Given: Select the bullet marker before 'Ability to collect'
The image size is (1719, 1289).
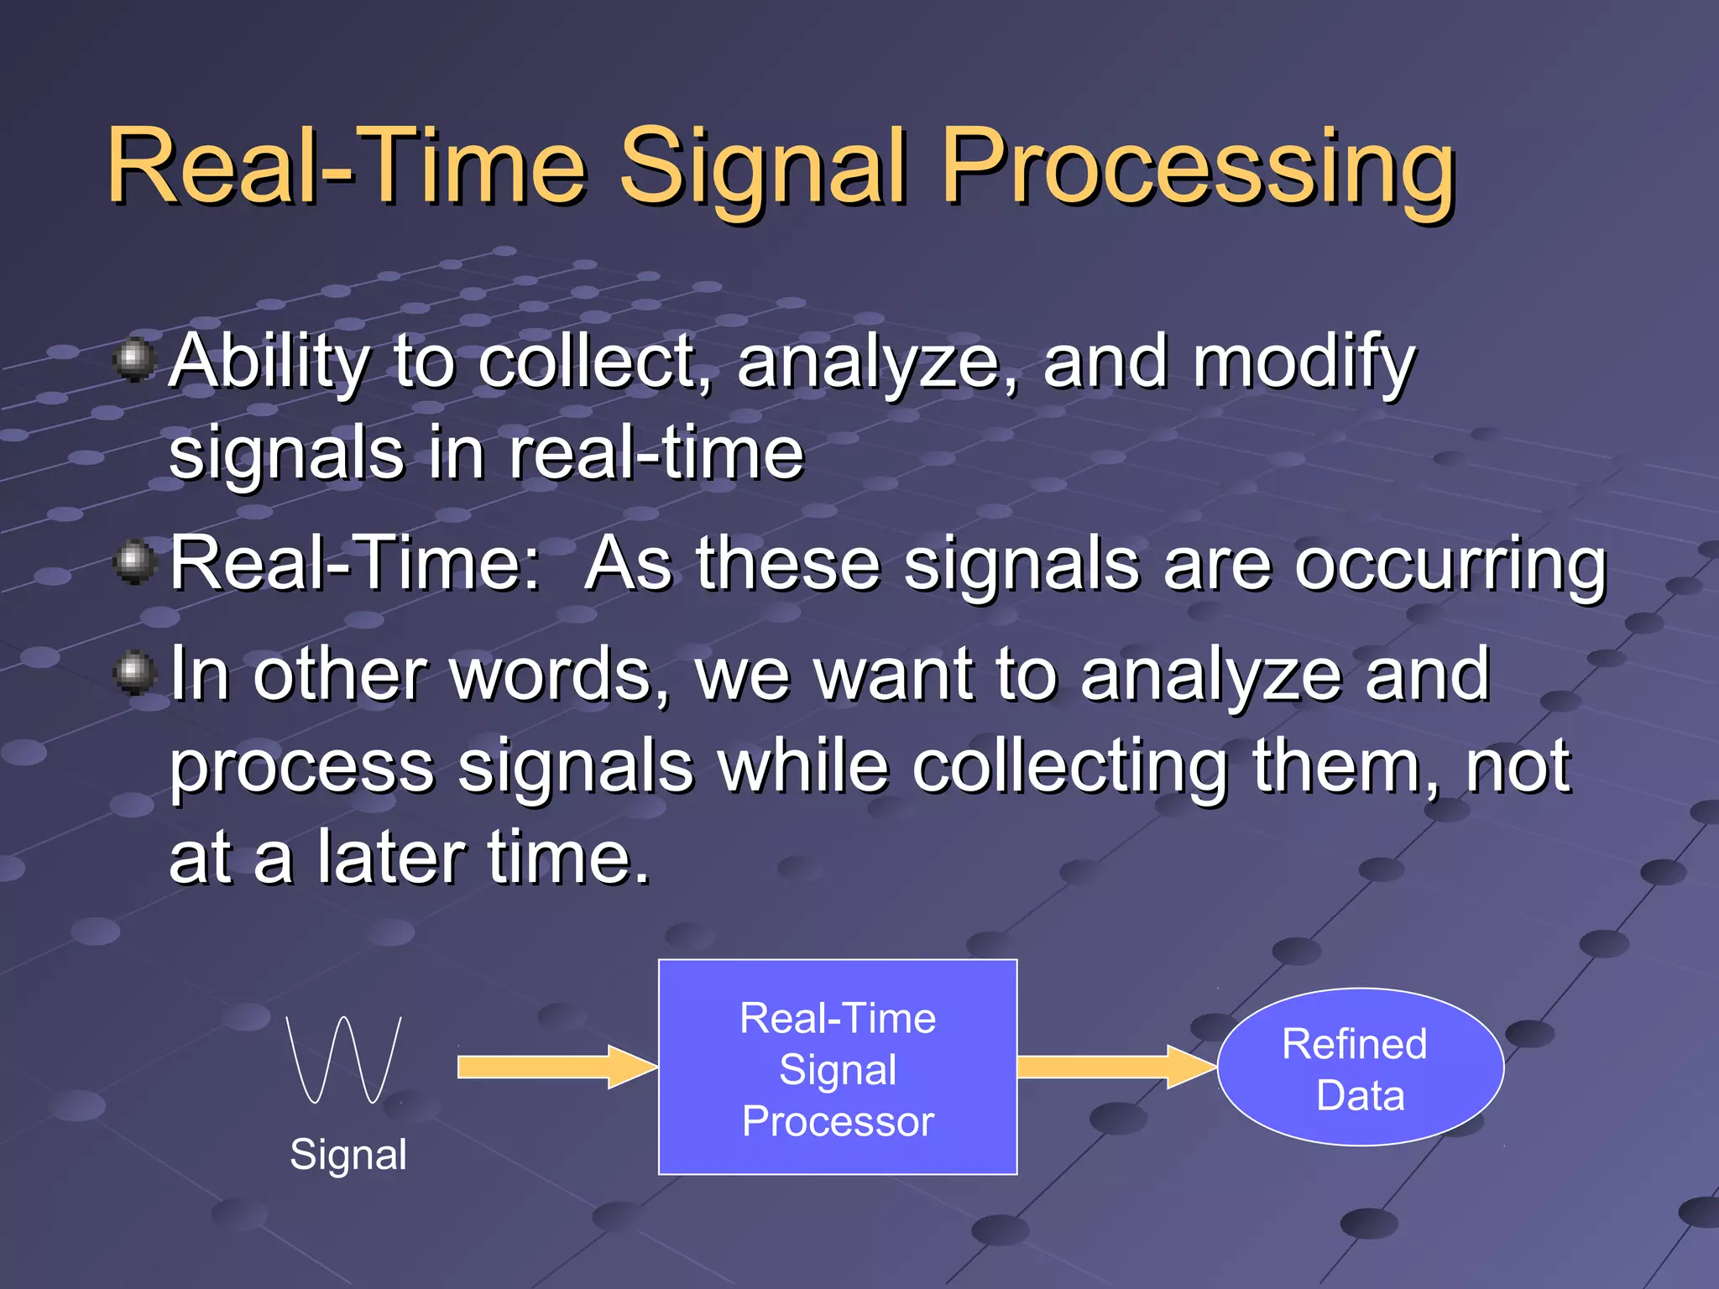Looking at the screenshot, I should (134, 360).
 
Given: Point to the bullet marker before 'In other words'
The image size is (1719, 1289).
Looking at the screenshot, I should (134, 673).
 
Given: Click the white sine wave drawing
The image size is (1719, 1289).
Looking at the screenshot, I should (344, 1059).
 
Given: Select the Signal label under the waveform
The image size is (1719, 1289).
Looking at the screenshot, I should (348, 1155).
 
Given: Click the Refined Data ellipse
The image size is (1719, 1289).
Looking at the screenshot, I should (1360, 1067).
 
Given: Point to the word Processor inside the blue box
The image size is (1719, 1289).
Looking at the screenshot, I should (838, 1122).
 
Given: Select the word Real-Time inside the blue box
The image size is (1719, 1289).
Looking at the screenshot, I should (838, 1019).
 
